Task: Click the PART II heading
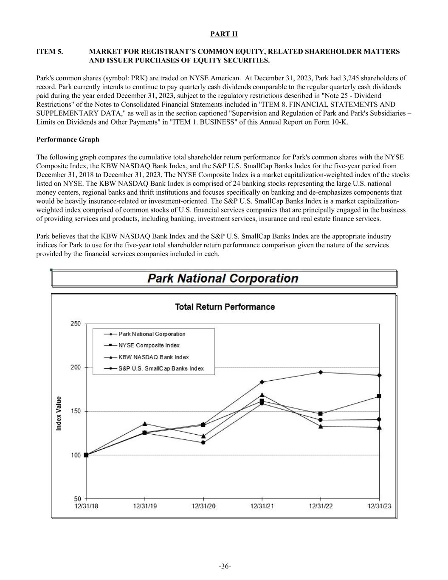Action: [x=224, y=34]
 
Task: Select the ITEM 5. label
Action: [x=50, y=51]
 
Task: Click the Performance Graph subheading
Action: [x=68, y=139]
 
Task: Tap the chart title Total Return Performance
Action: [x=225, y=307]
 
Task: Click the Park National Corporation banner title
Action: [x=223, y=278]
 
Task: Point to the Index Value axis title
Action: [x=59, y=413]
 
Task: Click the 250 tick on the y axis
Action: [x=75, y=324]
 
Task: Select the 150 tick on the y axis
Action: [x=75, y=411]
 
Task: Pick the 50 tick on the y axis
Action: [x=77, y=499]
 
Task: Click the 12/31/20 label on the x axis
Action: [x=203, y=506]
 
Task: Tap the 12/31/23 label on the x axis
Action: [x=379, y=506]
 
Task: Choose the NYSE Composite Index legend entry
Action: [x=149, y=345]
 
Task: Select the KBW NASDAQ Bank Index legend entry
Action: [x=153, y=357]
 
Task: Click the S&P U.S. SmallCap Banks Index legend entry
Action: [x=161, y=368]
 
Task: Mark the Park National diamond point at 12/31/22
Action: [x=320, y=372]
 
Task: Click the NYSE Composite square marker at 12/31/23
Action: [x=379, y=396]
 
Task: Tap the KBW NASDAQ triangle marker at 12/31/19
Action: [x=145, y=424]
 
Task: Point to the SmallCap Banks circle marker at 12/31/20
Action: [x=203, y=442]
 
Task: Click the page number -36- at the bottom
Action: [x=225, y=566]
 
